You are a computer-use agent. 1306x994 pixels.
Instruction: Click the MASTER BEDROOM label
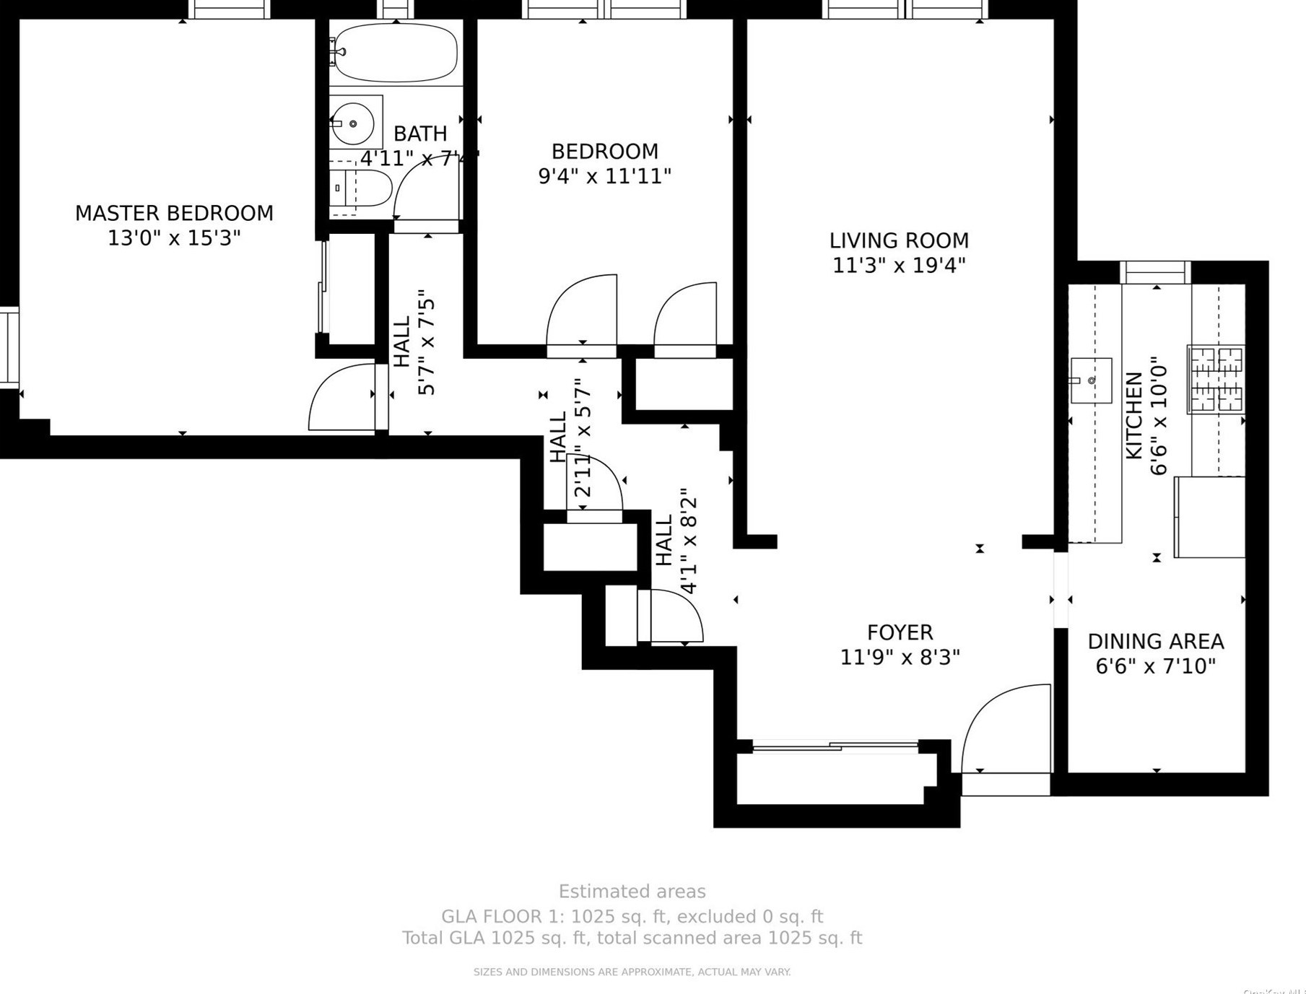174,213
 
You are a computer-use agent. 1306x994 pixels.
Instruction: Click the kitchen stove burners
1216,380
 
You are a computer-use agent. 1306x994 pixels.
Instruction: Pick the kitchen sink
1090,380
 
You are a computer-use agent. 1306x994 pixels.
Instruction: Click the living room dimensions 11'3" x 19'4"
899,266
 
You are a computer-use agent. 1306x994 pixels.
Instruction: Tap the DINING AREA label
1155,641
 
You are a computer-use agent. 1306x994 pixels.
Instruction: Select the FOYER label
900,632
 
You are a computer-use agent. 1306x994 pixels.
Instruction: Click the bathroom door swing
426,186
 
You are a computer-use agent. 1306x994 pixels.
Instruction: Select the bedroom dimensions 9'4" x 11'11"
604,176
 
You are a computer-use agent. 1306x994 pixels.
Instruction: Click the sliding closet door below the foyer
835,746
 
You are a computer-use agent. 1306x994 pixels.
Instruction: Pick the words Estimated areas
632,891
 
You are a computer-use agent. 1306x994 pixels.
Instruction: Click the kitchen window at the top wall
1155,273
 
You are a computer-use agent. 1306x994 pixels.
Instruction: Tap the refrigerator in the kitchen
1209,517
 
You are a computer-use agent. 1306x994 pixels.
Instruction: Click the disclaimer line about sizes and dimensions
632,972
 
